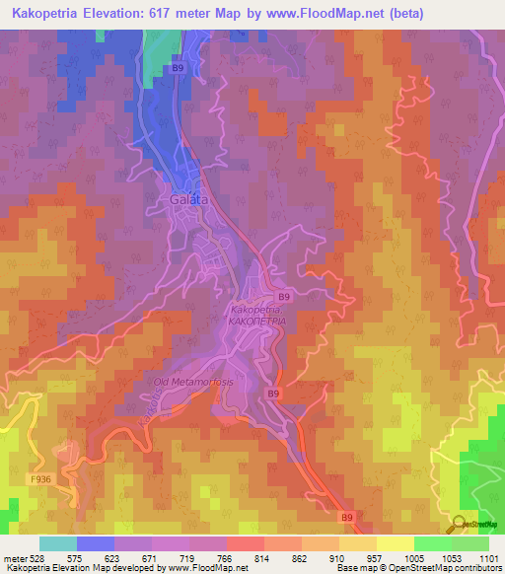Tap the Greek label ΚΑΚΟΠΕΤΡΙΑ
point(256,322)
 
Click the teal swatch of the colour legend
point(57,543)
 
